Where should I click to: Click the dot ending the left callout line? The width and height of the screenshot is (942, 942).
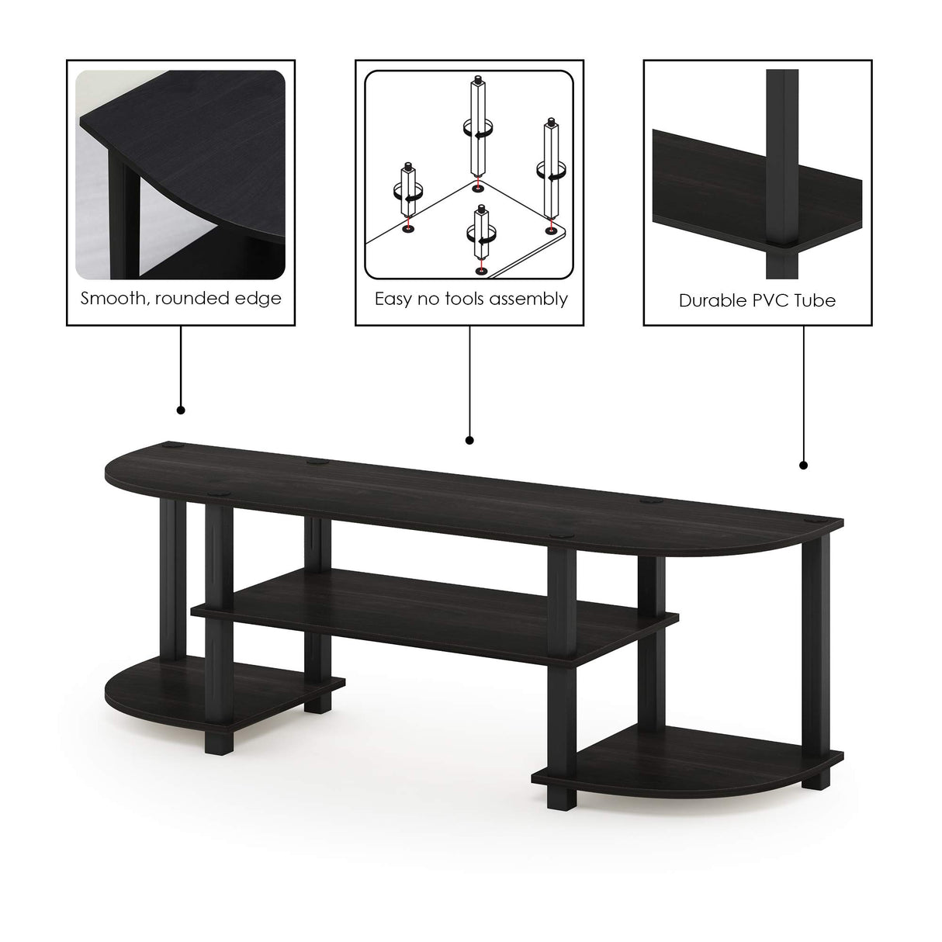click(x=181, y=410)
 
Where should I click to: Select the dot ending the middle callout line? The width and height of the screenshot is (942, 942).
click(x=469, y=441)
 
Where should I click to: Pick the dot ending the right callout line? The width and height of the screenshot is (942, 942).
click(x=803, y=466)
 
